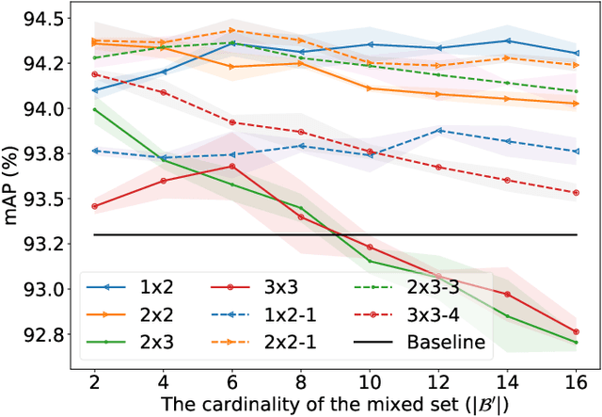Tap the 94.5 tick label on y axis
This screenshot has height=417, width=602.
coord(42,19)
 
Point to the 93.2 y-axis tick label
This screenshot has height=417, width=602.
coord(42,244)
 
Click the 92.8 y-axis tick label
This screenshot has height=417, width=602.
coord(42,334)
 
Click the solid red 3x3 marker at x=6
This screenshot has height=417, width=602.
coord(232,167)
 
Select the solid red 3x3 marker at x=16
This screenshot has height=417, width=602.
coord(576,331)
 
